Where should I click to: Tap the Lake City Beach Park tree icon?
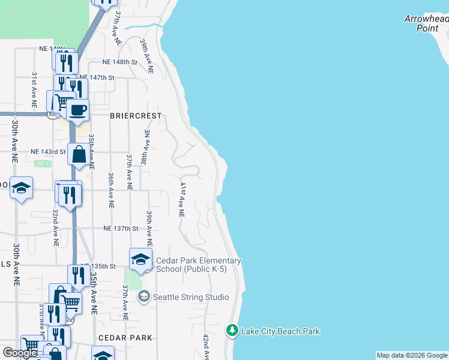pyautogui.click(x=232, y=331)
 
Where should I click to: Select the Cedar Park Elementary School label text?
pyautogui.click(x=198, y=265)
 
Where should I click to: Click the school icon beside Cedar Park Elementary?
pyautogui.click(x=140, y=259)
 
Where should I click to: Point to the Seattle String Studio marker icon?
pyautogui.click(x=143, y=296)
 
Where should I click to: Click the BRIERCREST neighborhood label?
pyautogui.click(x=136, y=115)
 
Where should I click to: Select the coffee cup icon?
pyautogui.click(x=77, y=110)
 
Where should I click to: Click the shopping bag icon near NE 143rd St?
pyautogui.click(x=79, y=155)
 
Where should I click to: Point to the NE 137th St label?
pyautogui.click(x=121, y=229)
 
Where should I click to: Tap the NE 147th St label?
pyautogui.click(x=97, y=77)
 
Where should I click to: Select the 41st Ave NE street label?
pyautogui.click(x=180, y=196)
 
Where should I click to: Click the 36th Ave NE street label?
pyautogui.click(x=111, y=190)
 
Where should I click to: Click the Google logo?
pyautogui.click(x=20, y=353)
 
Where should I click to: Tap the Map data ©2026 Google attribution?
pyautogui.click(x=412, y=356)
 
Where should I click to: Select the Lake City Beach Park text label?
pyautogui.click(x=280, y=331)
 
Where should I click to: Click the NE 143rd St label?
pyautogui.click(x=48, y=152)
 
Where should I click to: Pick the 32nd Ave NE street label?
pyautogui.click(x=55, y=227)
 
